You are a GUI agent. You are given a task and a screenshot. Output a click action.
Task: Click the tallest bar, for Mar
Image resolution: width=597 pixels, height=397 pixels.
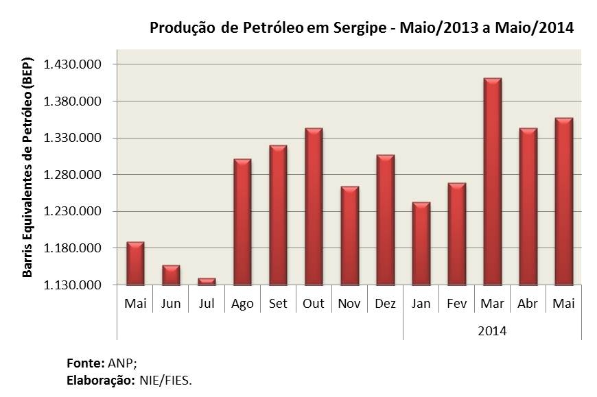(x=492, y=182)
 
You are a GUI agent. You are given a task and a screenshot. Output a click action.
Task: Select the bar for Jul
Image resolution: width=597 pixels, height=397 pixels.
(x=207, y=281)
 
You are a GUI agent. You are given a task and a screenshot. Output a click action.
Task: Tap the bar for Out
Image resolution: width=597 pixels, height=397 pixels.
(x=314, y=206)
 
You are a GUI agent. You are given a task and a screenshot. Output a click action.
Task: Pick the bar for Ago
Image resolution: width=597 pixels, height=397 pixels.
(x=242, y=221)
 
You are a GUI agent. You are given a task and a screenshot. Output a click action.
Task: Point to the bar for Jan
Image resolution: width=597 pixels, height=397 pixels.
(x=421, y=243)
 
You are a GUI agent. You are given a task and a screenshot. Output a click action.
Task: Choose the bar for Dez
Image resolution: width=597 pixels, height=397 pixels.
(x=385, y=219)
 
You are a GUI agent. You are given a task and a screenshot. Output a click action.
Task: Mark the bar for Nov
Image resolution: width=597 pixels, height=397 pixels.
(x=349, y=235)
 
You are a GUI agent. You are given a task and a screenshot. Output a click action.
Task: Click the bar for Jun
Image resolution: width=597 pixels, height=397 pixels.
(x=171, y=275)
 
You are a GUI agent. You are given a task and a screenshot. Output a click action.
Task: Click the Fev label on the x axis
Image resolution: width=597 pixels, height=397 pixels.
(x=456, y=304)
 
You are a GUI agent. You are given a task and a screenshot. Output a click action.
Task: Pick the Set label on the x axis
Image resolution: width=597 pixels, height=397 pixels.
(x=278, y=304)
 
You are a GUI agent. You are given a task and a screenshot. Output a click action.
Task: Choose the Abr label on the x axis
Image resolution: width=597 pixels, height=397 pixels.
(x=528, y=304)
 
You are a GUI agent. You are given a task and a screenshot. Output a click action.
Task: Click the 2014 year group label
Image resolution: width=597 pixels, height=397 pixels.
(x=492, y=330)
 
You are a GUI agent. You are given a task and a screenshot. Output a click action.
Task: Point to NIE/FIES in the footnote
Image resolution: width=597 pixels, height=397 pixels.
(x=165, y=379)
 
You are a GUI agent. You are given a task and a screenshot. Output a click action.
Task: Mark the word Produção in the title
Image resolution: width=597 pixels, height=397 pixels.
(x=182, y=28)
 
